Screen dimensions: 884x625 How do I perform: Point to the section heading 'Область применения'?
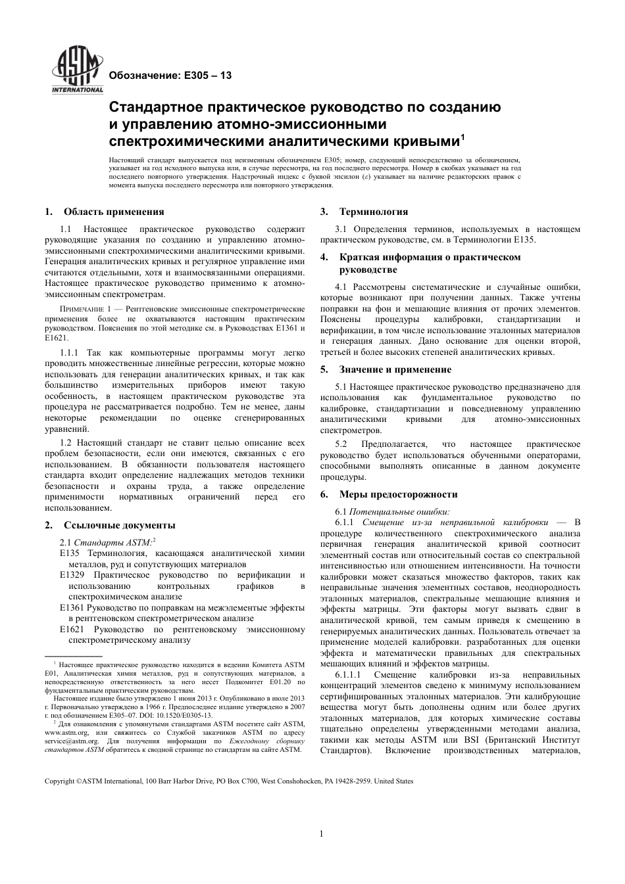point(114,212)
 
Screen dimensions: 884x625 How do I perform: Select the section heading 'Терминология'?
point(373,212)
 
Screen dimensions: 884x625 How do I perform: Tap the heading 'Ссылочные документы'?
point(119,525)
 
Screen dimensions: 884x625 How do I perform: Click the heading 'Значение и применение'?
point(395,369)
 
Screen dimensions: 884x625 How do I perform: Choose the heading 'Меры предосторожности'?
point(398,494)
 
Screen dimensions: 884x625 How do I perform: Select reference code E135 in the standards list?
point(69,553)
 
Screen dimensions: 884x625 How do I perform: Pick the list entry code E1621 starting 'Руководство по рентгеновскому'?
point(72,630)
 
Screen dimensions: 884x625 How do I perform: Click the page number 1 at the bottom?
point(322,834)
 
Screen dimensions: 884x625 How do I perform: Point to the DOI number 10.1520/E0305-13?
point(181,715)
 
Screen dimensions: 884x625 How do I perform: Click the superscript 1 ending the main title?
point(463,137)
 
